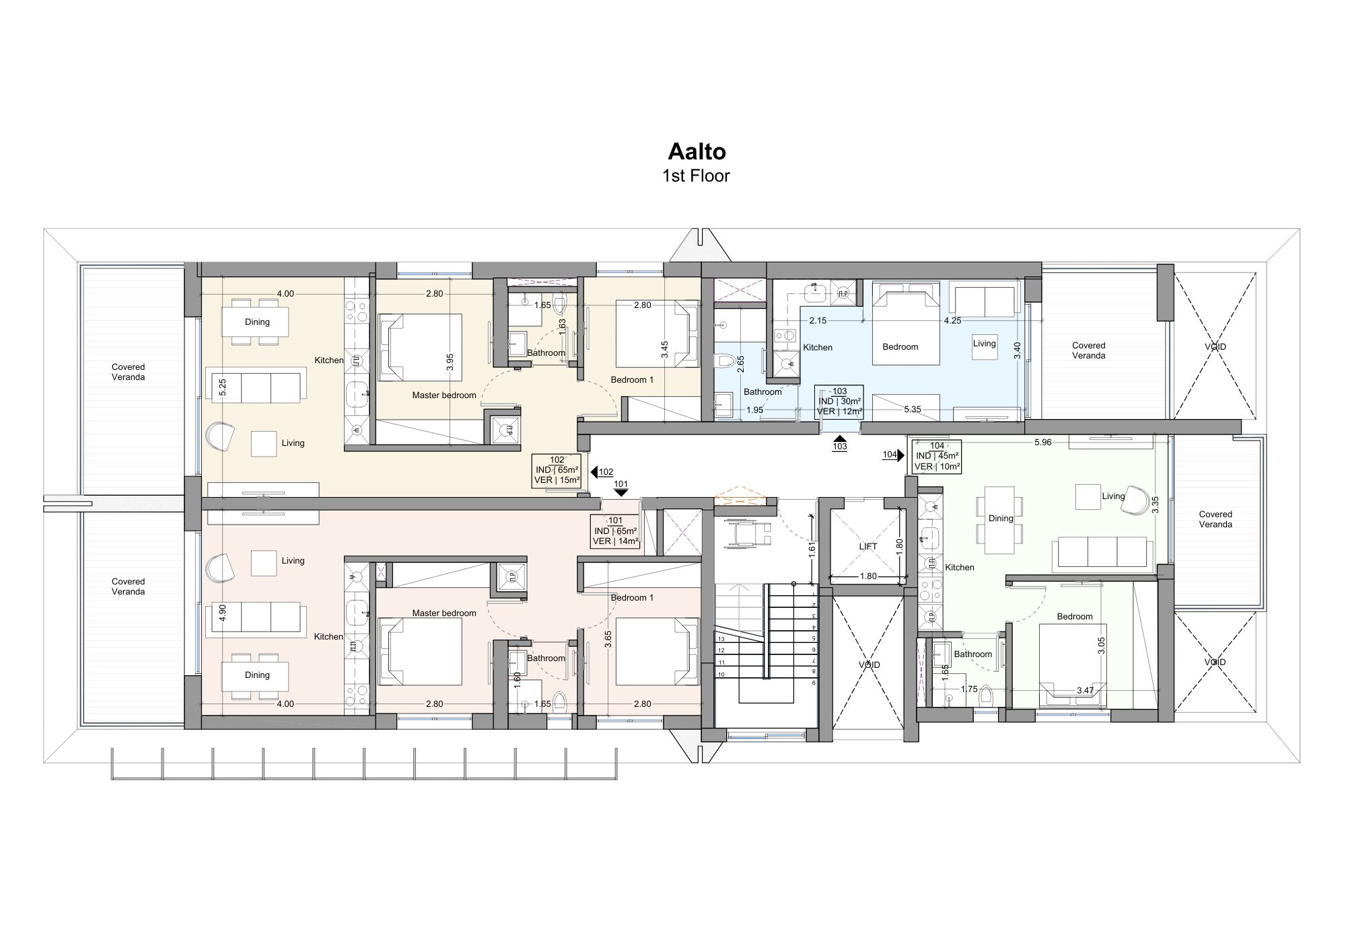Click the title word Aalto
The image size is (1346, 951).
pyautogui.click(x=697, y=151)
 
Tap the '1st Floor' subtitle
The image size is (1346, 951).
pyautogui.click(x=696, y=176)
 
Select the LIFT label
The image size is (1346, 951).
pyautogui.click(x=868, y=547)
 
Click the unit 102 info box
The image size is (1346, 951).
pyautogui.click(x=557, y=470)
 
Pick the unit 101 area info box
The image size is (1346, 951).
pyautogui.click(x=615, y=531)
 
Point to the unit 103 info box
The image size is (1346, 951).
pyautogui.click(x=839, y=402)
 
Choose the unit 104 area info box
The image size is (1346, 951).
pyautogui.click(x=937, y=456)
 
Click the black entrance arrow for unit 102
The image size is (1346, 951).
pyautogui.click(x=594, y=471)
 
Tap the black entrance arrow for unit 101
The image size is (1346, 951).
pyautogui.click(x=621, y=493)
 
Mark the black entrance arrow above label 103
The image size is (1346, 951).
pyautogui.click(x=839, y=437)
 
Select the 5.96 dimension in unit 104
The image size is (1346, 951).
pyautogui.click(x=1042, y=443)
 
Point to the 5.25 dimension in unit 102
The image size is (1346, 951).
pyautogui.click(x=223, y=387)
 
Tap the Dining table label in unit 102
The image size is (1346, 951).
pyautogui.click(x=257, y=322)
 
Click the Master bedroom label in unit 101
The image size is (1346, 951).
pyautogui.click(x=444, y=613)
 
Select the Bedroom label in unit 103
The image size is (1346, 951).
pyautogui.click(x=900, y=347)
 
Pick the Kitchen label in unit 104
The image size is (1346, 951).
pyautogui.click(x=960, y=568)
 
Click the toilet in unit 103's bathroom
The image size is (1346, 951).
pyautogui.click(x=725, y=361)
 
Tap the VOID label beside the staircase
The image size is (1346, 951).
pyautogui.click(x=869, y=665)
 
